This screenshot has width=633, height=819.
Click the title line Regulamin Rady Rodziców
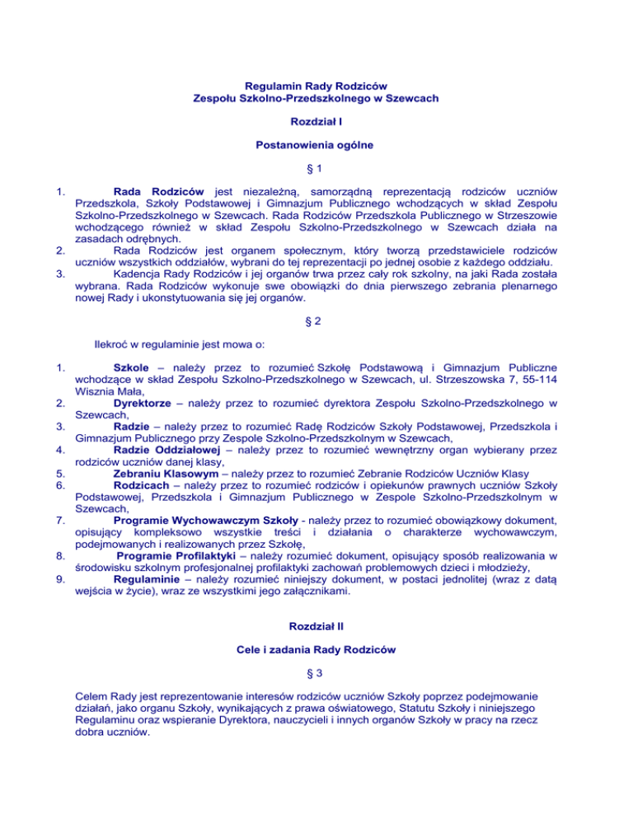(x=316, y=85)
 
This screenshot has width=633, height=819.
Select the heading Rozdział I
(x=316, y=121)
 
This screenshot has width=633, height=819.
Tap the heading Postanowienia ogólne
(x=316, y=146)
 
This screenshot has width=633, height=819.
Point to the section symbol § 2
(x=316, y=300)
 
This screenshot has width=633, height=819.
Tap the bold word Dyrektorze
(x=145, y=405)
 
